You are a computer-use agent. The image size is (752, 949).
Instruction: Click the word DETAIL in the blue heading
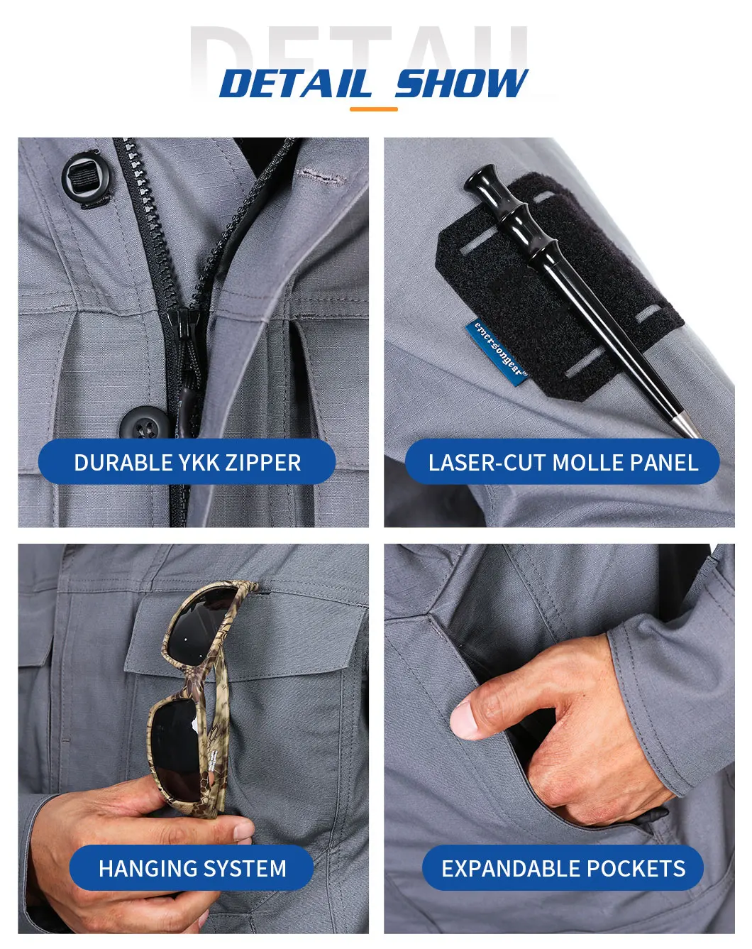pyautogui.click(x=295, y=83)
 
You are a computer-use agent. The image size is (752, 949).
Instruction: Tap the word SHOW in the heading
pyautogui.click(x=461, y=83)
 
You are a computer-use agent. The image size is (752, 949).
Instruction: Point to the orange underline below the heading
pyautogui.click(x=373, y=109)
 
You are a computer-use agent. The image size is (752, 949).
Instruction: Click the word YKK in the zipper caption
pyautogui.click(x=199, y=463)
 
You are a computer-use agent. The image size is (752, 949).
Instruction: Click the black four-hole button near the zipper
pyautogui.click(x=145, y=424)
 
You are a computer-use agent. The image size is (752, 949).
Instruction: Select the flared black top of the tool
pyautogui.click(x=480, y=181)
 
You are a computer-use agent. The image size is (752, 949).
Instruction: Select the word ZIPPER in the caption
pyautogui.click(x=263, y=463)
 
